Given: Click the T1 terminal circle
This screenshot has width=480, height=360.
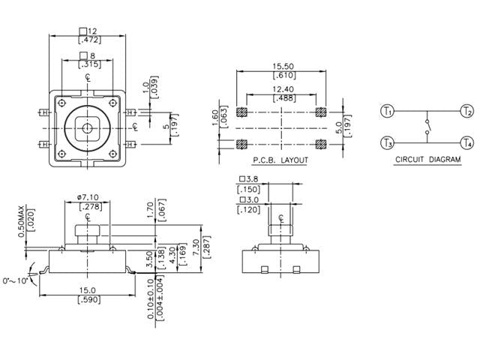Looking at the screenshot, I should coord(387,112).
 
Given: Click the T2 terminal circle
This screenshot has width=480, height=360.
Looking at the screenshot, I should coord(467,112).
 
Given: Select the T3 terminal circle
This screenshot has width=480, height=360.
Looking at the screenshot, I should coord(387,142).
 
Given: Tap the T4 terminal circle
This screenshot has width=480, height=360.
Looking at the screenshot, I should coord(467,142).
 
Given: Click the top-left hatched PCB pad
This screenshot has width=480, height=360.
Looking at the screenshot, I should coord(242,112).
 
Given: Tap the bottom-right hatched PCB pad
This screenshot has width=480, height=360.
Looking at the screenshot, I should coord(321,143).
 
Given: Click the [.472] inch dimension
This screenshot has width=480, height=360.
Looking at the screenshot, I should coord(89,39).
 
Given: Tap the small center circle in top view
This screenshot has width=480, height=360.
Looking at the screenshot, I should coord(88,128).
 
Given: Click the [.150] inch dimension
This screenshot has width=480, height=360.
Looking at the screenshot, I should coord(250,189).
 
